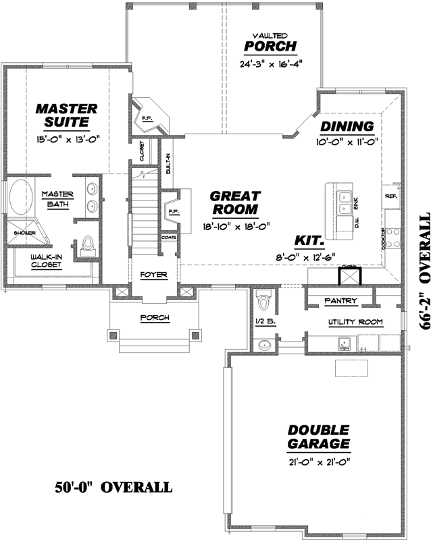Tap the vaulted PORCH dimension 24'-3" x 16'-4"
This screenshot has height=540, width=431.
pos(270,65)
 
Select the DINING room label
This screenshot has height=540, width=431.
pos(347,126)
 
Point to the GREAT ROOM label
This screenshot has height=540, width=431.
pos(231,202)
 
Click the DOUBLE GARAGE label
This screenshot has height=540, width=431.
pos(318,437)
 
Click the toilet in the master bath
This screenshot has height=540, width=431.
pos(88,246)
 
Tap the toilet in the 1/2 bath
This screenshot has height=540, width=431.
pos(264,298)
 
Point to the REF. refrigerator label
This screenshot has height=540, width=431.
pos(391,196)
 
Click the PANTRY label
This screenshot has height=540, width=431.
pos(340,300)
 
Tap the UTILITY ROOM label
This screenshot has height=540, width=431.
pos(355,322)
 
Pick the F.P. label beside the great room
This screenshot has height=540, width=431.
pos(172,213)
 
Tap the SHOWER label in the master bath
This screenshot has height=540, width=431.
pos(15,233)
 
